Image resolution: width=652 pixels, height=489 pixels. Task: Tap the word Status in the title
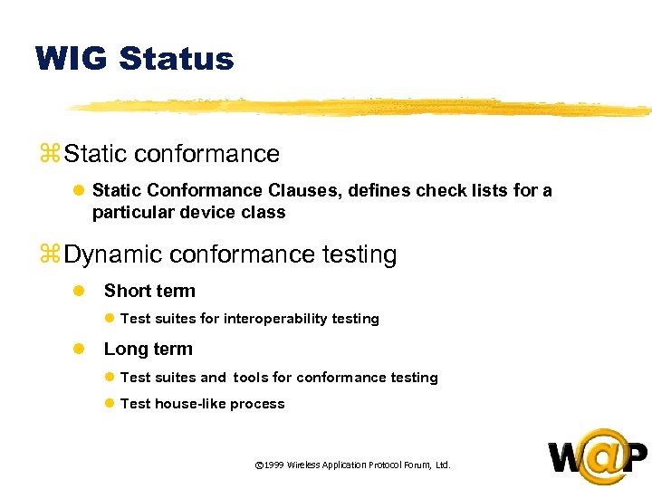[176, 59]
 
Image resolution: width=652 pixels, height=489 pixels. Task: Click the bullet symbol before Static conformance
[49, 155]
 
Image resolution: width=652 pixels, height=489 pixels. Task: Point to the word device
[203, 213]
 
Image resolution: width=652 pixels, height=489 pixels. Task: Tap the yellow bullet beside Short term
[79, 291]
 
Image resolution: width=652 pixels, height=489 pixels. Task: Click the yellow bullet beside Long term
[79, 349]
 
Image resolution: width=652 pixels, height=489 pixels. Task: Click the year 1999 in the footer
[273, 465]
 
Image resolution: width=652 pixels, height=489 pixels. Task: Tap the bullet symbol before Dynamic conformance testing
[49, 256]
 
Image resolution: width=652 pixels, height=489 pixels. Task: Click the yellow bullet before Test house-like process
[109, 404]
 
